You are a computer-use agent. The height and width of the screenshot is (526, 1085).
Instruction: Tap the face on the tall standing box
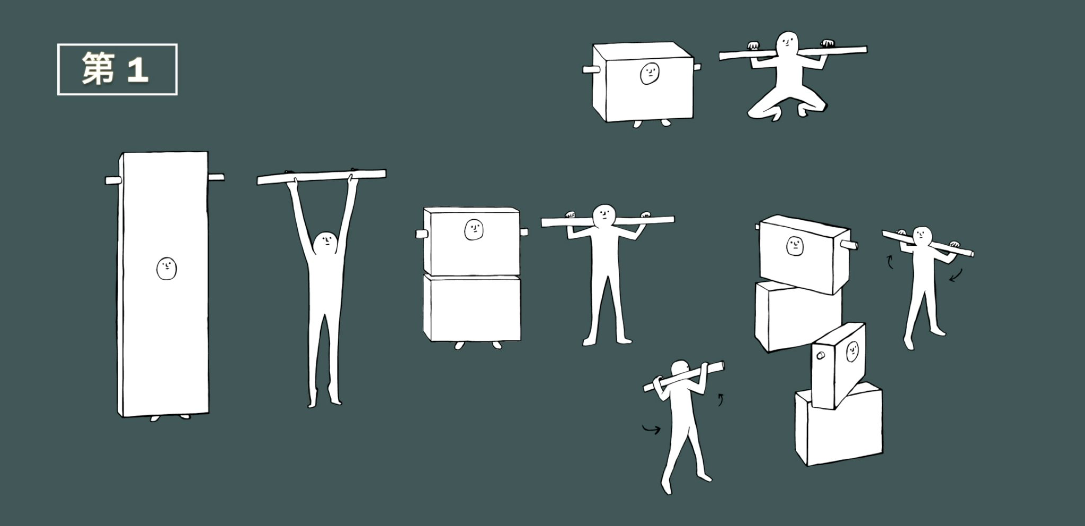click(166, 269)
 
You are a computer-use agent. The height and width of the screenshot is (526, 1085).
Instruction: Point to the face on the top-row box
click(650, 74)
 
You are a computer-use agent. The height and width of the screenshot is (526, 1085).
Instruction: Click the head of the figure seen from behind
click(680, 371)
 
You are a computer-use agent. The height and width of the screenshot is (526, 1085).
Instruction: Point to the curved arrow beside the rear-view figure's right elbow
click(720, 399)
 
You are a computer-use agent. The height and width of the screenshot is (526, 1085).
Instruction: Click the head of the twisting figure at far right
click(923, 236)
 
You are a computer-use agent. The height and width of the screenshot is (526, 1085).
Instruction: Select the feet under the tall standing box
click(170, 417)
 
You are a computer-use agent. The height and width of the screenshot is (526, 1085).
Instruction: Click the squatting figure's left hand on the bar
click(752, 46)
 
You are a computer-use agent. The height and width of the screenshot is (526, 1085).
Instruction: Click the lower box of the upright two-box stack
click(472, 307)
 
